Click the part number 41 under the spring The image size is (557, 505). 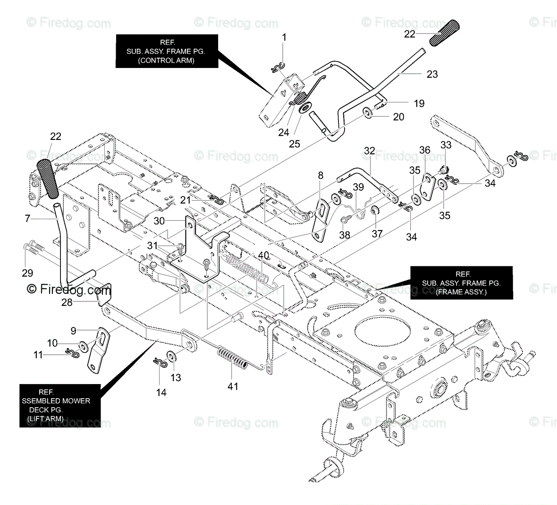(x=233, y=386)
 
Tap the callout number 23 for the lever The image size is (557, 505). (x=432, y=74)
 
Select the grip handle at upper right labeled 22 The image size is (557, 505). (x=444, y=33)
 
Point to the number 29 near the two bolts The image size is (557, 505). (x=27, y=273)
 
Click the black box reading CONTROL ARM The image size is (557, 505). (x=167, y=51)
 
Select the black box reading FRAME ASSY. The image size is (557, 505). (x=462, y=283)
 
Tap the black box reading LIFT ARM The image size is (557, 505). (x=60, y=405)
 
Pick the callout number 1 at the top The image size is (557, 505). (x=284, y=37)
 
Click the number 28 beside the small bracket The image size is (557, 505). (x=67, y=302)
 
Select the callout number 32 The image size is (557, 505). (x=370, y=151)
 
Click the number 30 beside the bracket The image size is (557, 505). (x=159, y=221)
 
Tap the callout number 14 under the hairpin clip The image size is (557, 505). (x=161, y=393)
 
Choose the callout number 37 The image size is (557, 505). (x=377, y=233)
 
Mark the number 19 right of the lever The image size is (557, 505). (x=419, y=103)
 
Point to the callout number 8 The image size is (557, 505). (x=321, y=175)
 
